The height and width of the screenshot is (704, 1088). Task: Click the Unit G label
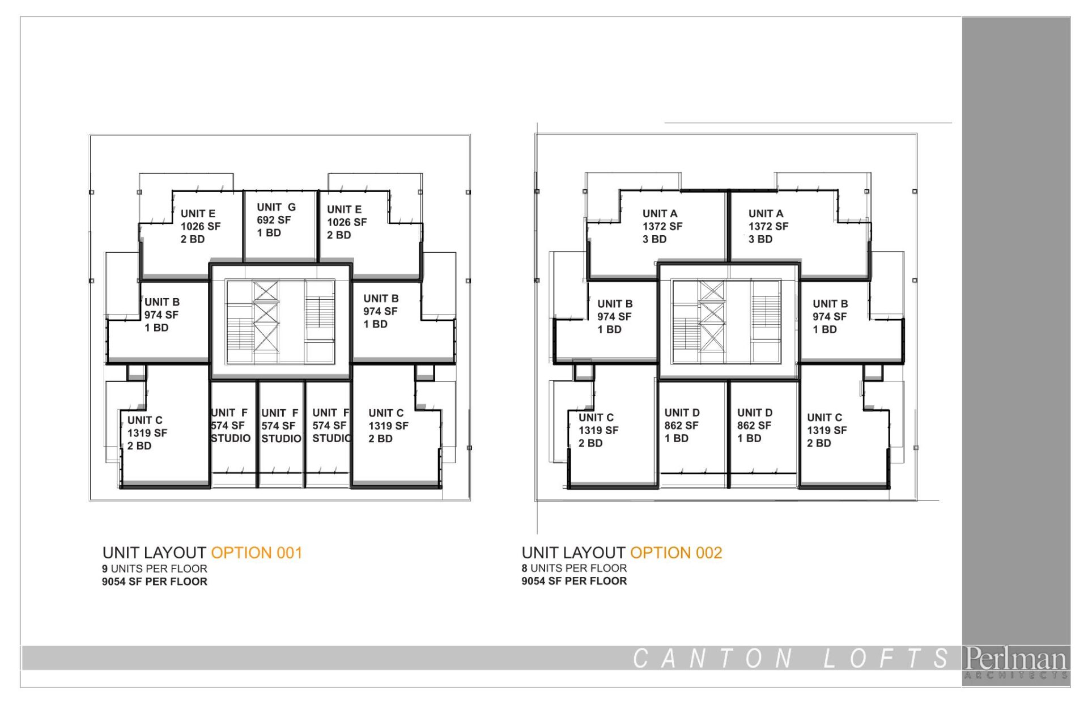pyautogui.click(x=276, y=207)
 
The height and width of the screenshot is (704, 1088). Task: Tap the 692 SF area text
pyautogui.click(x=274, y=220)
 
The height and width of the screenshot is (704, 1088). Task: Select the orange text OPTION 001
pyautogui.click(x=257, y=553)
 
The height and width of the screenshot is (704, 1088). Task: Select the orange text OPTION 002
pyautogui.click(x=676, y=553)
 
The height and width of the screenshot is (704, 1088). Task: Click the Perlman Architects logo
pyautogui.click(x=1016, y=662)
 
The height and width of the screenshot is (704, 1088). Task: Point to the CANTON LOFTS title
pyautogui.click(x=790, y=658)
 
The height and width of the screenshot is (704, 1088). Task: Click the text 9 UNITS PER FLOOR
pyautogui.click(x=155, y=569)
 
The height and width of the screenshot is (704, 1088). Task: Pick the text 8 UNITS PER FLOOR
pyautogui.click(x=574, y=568)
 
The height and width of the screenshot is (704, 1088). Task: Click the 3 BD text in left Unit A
pyautogui.click(x=654, y=239)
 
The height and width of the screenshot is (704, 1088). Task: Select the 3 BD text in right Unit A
pyautogui.click(x=760, y=239)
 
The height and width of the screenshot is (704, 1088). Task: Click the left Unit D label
pyautogui.click(x=682, y=413)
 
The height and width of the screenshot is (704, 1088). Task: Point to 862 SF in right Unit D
pyautogui.click(x=754, y=425)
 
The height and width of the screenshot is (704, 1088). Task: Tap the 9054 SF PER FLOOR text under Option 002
pyautogui.click(x=574, y=581)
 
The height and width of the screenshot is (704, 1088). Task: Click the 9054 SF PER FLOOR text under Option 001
pyautogui.click(x=155, y=582)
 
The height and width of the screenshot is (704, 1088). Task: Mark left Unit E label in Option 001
pyautogui.click(x=198, y=214)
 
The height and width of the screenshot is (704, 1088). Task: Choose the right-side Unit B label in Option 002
pyautogui.click(x=830, y=304)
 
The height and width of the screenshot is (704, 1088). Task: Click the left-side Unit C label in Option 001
pyautogui.click(x=144, y=420)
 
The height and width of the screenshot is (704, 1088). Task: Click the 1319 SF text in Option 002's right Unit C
pyautogui.click(x=827, y=430)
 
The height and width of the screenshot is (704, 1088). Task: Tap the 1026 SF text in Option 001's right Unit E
pyautogui.click(x=347, y=222)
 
